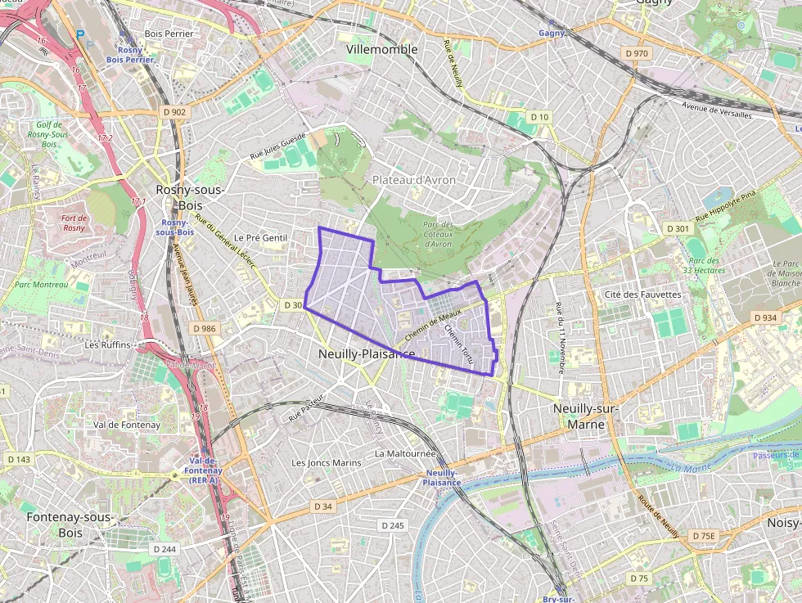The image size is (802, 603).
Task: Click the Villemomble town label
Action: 381,49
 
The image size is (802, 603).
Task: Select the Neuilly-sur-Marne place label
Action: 586,416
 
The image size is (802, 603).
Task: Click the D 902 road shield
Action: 173,112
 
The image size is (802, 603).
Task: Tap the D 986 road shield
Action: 205,328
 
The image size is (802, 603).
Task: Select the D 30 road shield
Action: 293,305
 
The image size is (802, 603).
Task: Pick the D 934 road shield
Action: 764,317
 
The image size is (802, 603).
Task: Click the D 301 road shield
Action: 678,229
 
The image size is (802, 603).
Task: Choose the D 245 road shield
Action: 393,525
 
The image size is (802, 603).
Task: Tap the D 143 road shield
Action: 18,459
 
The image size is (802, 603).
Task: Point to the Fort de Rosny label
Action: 74,223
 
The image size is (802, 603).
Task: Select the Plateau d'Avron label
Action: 414,180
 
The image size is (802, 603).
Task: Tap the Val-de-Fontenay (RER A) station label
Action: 196,470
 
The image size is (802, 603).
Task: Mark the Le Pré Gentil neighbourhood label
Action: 262,238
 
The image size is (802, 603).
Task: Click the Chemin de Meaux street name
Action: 433,325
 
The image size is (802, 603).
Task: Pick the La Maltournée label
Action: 404,452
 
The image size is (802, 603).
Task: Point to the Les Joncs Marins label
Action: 327,462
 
